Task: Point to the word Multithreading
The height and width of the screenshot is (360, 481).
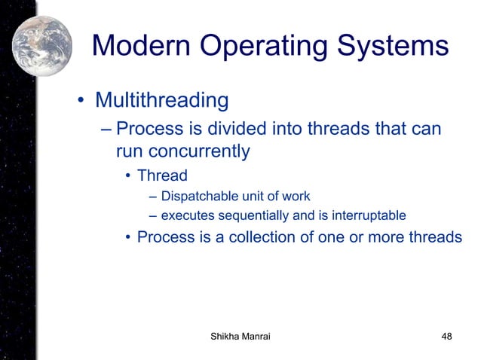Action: [161, 100]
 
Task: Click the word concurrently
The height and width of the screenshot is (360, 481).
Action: [182, 151]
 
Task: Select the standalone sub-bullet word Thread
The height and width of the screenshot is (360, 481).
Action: [162, 177]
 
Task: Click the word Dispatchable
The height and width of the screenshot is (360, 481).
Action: [198, 197]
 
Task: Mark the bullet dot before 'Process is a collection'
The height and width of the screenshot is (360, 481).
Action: [128, 238]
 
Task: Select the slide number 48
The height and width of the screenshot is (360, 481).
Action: [446, 337]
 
